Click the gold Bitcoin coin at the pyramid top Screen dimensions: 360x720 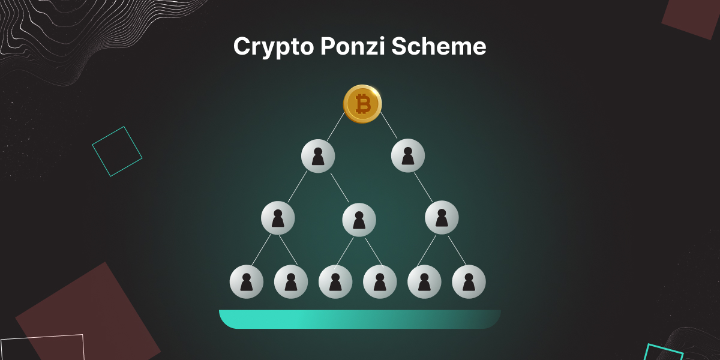[x=362, y=104]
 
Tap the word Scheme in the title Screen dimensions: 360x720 [x=439, y=47]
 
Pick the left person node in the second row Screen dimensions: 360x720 [x=318, y=156]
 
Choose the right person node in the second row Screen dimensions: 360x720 [x=408, y=156]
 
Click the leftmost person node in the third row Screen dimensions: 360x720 [x=278, y=218]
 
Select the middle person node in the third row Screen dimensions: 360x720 [x=359, y=220]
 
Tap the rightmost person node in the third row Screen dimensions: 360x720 [x=442, y=218]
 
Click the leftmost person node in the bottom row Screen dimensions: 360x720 [x=247, y=281]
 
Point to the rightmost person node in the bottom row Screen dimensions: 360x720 [x=469, y=281]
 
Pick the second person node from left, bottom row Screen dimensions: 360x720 [x=291, y=281]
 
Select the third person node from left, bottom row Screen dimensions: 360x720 [x=335, y=281]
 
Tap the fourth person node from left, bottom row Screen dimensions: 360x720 [x=380, y=281]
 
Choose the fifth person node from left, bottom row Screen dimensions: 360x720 [x=424, y=281]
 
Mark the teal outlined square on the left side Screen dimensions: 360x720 [x=117, y=151]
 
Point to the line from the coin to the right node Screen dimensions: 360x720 [x=389, y=125]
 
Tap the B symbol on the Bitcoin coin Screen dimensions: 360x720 [x=362, y=104]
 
